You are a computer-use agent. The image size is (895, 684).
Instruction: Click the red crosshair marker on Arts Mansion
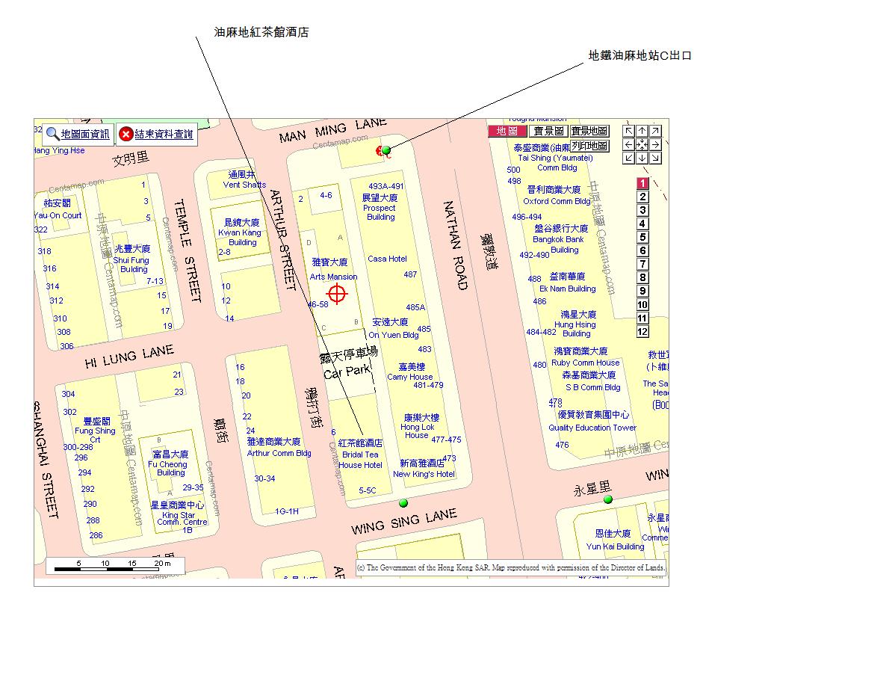pos(337,294)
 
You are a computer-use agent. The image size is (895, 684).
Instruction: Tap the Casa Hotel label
pos(387,259)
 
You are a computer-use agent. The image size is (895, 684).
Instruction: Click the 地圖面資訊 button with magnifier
pos(78,135)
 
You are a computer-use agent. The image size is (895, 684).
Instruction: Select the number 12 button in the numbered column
pos(642,332)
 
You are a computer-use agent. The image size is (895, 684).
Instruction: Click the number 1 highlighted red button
pos(642,184)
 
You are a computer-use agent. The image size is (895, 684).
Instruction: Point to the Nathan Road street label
pos(455,245)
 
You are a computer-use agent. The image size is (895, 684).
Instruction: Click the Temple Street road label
pos(188,250)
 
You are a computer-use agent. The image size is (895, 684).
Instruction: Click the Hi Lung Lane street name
pos(128,357)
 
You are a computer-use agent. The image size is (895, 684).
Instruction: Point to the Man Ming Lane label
pos(332,129)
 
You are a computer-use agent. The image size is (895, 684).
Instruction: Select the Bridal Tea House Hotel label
pos(360,455)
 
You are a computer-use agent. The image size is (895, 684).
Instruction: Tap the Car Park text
pos(347,371)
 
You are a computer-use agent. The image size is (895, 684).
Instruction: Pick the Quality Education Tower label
pos(592,428)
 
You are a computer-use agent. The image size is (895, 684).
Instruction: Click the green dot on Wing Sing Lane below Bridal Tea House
pos(403,502)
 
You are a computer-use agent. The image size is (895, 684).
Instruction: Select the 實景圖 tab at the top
pos(548,132)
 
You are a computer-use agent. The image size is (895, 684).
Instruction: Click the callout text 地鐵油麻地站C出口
pos(639,55)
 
